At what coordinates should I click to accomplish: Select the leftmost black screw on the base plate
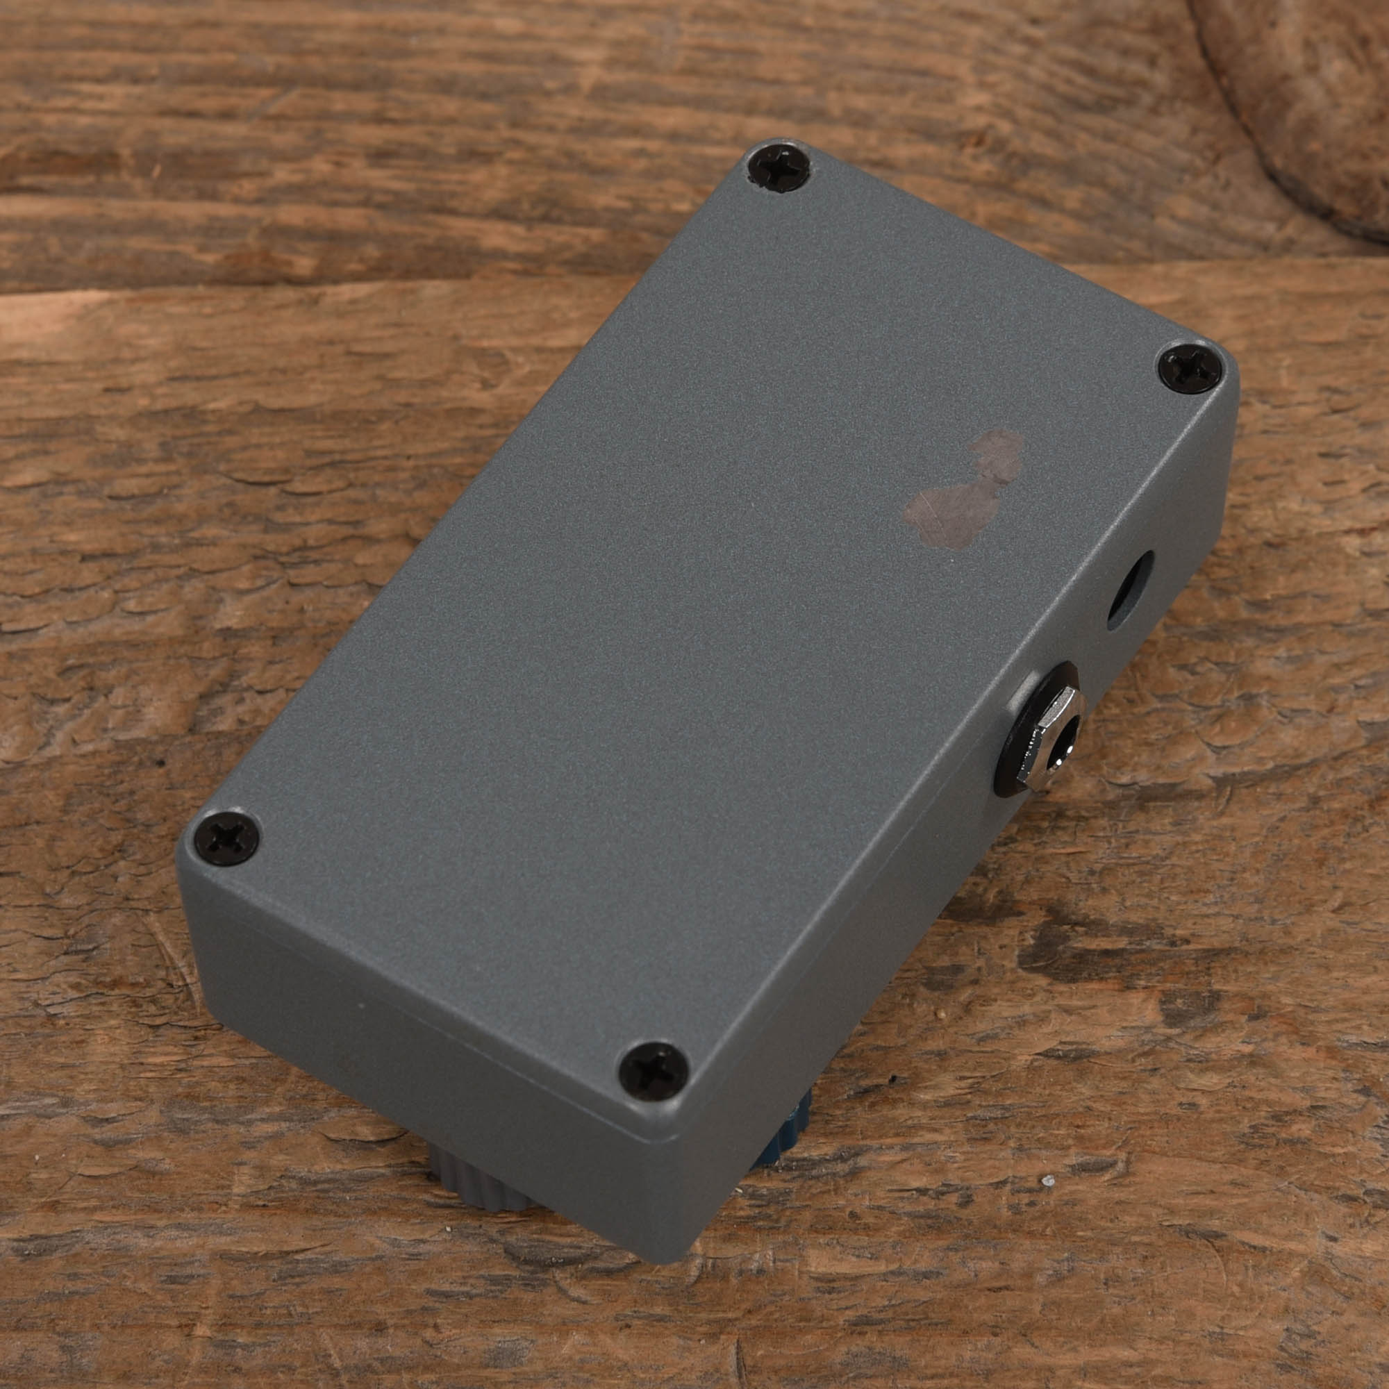pos(226,838)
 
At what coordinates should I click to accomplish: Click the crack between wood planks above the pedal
pos(360,284)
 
